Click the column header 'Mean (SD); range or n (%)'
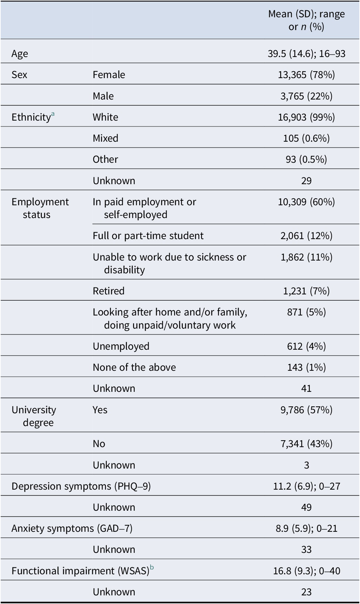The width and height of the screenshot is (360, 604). pyautogui.click(x=306, y=20)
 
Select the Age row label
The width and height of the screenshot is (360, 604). pyautogui.click(x=20, y=54)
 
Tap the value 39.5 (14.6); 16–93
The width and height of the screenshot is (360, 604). pyautogui.click(x=306, y=54)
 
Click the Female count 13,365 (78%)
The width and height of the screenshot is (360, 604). pyautogui.click(x=306, y=75)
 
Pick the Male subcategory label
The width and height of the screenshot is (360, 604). pyautogui.click(x=103, y=96)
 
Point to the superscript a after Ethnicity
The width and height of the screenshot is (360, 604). pyautogui.click(x=53, y=114)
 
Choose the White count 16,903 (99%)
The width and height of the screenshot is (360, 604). pyautogui.click(x=306, y=117)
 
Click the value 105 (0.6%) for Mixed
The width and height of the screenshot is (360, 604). pyautogui.click(x=306, y=138)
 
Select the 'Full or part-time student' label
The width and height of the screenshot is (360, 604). pyautogui.click(x=148, y=236)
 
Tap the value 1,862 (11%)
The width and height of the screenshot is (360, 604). pyautogui.click(x=306, y=257)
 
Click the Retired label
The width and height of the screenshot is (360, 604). pyautogui.click(x=108, y=291)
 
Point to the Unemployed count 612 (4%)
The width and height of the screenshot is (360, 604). pyautogui.click(x=306, y=346)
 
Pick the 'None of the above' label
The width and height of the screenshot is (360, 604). pyautogui.click(x=134, y=367)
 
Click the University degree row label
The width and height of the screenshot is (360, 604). pyautogui.click(x=34, y=416)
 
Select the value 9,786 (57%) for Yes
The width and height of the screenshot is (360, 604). pyautogui.click(x=306, y=410)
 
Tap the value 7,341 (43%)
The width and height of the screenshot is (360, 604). pyautogui.click(x=306, y=444)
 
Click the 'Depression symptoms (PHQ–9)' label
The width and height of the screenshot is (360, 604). pyautogui.click(x=81, y=486)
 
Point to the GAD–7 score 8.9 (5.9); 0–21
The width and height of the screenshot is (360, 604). pyautogui.click(x=306, y=528)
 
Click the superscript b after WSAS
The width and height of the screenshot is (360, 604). pyautogui.click(x=152, y=567)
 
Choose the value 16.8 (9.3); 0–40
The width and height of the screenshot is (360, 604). pyautogui.click(x=306, y=571)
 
